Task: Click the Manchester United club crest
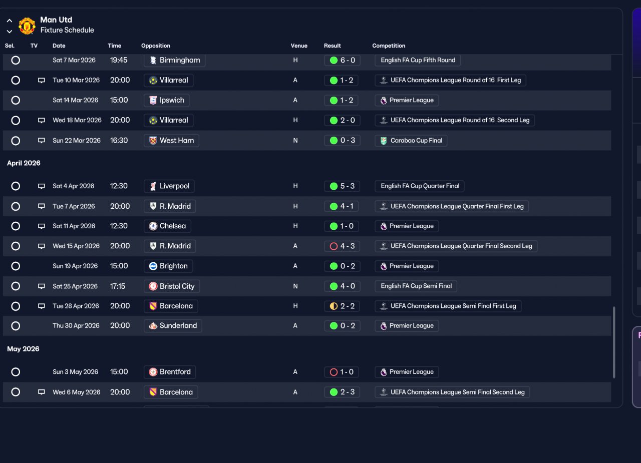click(27, 26)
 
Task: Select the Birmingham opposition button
click(175, 60)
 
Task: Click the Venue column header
click(299, 46)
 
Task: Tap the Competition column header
click(389, 46)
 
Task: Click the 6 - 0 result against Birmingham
click(342, 61)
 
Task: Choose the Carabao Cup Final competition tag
click(411, 141)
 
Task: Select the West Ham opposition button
click(171, 141)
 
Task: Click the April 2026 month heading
click(24, 163)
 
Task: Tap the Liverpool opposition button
click(169, 186)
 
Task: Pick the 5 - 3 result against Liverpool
click(342, 186)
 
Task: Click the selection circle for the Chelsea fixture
click(16, 226)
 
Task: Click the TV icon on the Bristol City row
click(42, 286)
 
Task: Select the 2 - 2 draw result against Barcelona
click(342, 306)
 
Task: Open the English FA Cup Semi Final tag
click(416, 286)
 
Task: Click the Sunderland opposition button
click(173, 326)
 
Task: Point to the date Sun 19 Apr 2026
click(75, 266)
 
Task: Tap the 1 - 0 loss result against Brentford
click(342, 372)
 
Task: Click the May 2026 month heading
click(23, 349)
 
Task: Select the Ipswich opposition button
click(167, 101)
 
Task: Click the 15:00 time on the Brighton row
click(119, 266)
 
